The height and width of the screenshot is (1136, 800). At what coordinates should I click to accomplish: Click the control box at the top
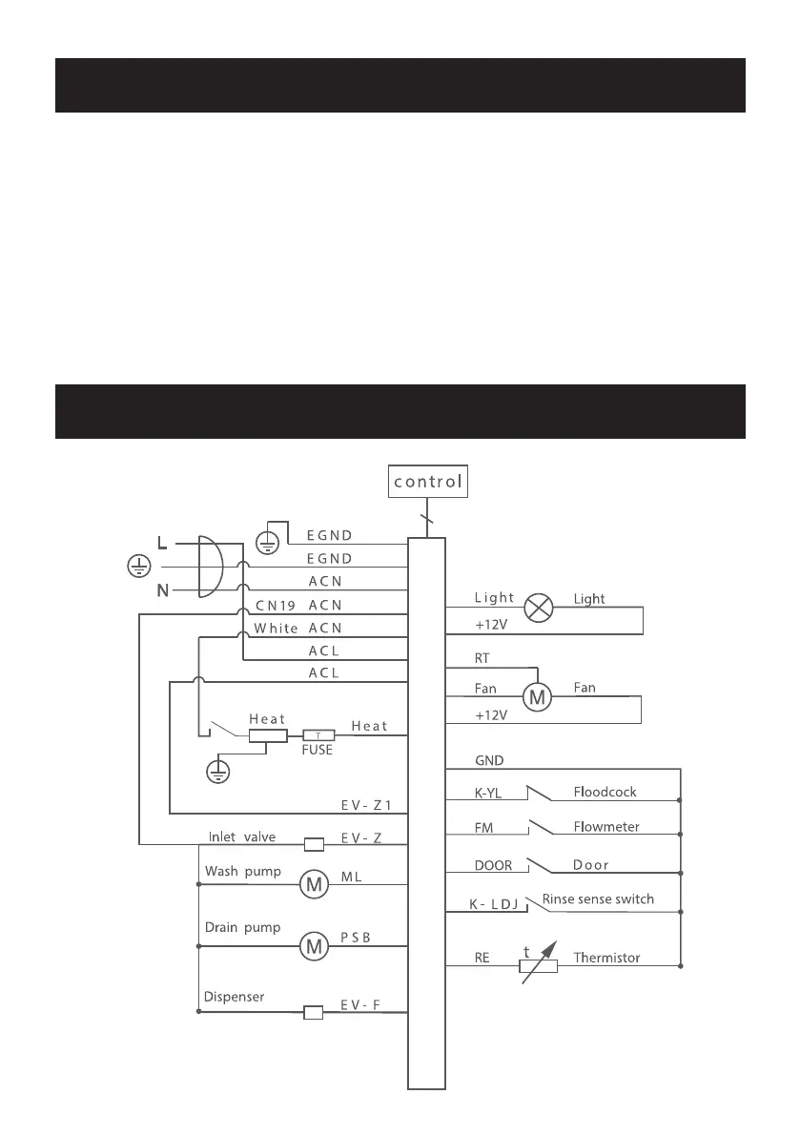(428, 483)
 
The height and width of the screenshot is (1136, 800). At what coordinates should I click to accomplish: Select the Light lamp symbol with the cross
(541, 609)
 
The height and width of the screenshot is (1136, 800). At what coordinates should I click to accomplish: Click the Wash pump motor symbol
(313, 885)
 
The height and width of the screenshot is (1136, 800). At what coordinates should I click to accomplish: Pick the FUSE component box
(318, 736)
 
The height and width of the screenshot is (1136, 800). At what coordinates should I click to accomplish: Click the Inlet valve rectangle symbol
(313, 843)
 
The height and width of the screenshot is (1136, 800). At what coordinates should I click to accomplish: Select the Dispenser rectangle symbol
(313, 1012)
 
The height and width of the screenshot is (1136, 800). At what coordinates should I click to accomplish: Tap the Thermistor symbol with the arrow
(538, 964)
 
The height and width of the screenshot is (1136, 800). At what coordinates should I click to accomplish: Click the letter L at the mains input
(162, 544)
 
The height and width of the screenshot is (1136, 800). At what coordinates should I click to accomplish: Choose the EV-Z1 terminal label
(366, 806)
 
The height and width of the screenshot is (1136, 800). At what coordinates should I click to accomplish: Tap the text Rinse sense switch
(598, 898)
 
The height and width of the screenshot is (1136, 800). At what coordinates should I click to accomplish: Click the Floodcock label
(605, 792)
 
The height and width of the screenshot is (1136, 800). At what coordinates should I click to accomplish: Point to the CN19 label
(277, 605)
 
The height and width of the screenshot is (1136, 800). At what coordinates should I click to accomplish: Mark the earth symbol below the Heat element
(218, 770)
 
